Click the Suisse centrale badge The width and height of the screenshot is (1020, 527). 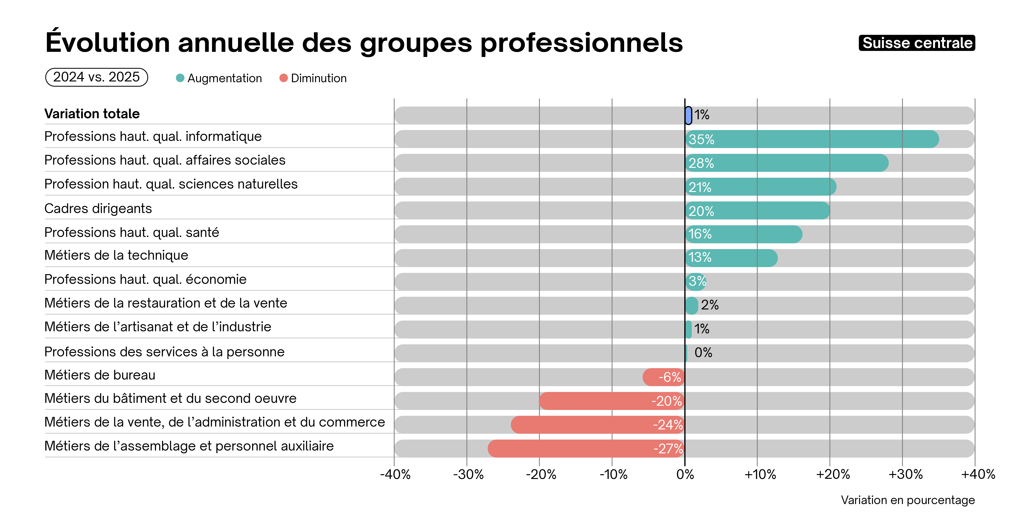tap(917, 43)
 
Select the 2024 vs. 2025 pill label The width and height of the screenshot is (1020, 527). tap(97, 77)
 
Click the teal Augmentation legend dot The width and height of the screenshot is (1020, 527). tap(180, 78)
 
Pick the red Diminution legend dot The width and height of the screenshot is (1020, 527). tap(284, 78)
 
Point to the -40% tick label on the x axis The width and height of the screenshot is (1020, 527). tap(395, 474)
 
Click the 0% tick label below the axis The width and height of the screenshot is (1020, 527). tap(685, 474)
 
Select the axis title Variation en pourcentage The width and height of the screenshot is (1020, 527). tap(908, 500)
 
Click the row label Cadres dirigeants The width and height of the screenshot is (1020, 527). tap(98, 208)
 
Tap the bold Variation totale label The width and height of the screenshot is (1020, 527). tap(92, 114)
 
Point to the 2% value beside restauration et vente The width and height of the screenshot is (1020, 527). tap(710, 305)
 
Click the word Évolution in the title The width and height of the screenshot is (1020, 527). tap(108, 43)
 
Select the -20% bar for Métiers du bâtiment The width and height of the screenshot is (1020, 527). tap(612, 401)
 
